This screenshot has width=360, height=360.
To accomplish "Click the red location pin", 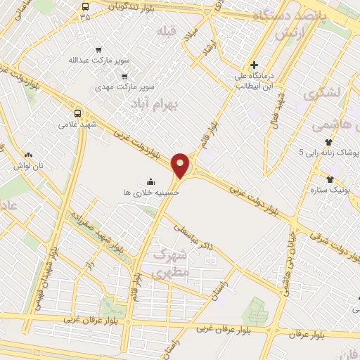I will point(181,165).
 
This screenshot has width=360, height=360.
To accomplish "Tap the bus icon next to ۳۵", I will point(85,5).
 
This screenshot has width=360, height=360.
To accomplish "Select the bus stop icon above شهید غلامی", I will point(77,112).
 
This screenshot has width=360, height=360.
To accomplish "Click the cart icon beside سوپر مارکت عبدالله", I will point(98,50).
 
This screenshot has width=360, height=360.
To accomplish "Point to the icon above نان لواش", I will point(27,155).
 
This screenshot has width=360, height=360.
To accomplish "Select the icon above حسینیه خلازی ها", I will point(150,180).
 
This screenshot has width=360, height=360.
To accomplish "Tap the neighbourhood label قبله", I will point(166,32).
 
